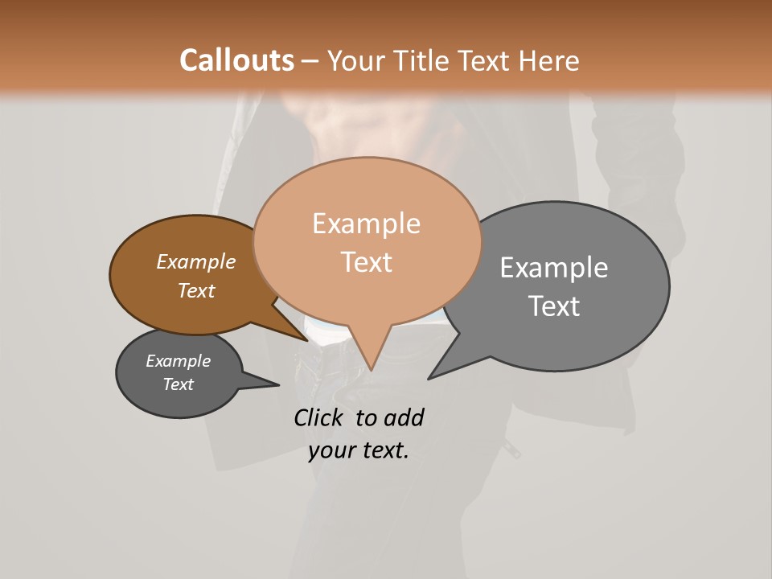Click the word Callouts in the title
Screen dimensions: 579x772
click(x=236, y=60)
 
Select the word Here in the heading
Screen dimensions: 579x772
click(x=550, y=60)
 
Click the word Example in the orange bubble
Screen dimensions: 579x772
click(x=366, y=224)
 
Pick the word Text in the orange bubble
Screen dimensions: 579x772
click(x=367, y=262)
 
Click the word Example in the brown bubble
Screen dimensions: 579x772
click(x=195, y=261)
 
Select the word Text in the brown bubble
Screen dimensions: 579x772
click(x=196, y=290)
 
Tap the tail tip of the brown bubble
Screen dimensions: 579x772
click(x=306, y=340)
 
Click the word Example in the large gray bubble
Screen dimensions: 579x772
click(x=553, y=268)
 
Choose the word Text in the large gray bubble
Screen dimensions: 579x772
click(x=554, y=306)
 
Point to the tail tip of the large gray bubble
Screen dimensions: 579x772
click(x=430, y=377)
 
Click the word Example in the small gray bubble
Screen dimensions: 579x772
click(x=178, y=361)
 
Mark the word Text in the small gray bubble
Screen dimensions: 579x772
click(x=178, y=384)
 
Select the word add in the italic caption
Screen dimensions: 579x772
click(x=404, y=417)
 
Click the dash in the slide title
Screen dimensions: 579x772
click(x=311, y=61)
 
